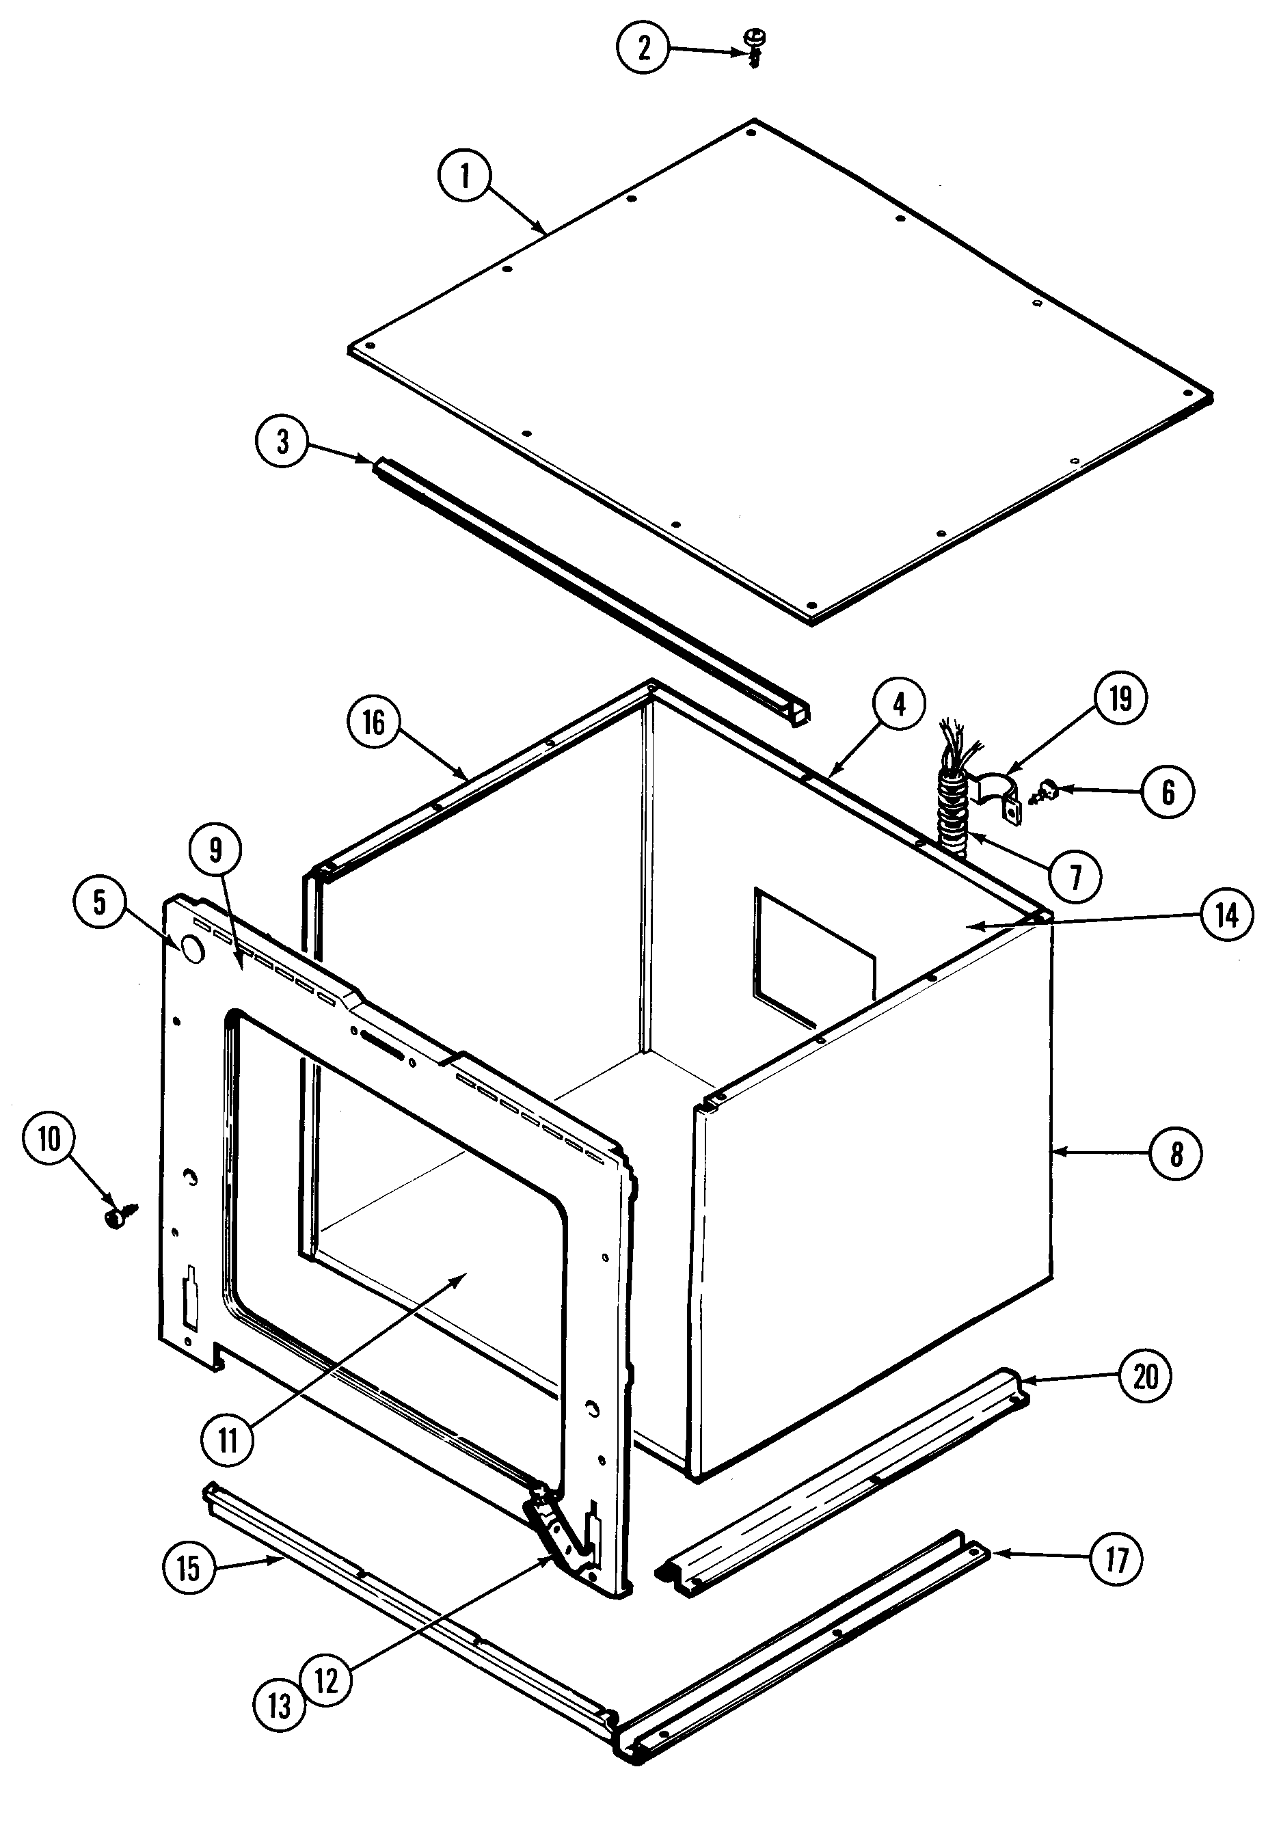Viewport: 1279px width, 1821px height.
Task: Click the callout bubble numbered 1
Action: [465, 175]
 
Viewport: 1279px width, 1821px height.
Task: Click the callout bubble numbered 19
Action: [1120, 699]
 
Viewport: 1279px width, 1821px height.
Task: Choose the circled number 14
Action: [1226, 915]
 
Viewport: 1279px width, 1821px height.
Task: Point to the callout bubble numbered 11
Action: [228, 1440]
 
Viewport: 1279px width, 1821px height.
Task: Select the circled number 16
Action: [373, 722]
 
